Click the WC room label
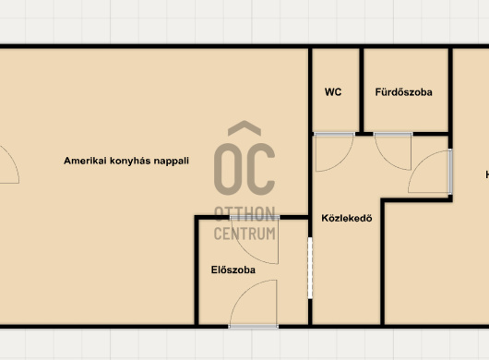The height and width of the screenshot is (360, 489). (333, 92)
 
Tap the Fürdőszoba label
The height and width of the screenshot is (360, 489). (403, 92)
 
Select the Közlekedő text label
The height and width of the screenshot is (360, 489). (347, 218)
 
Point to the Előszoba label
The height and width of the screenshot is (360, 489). (233, 270)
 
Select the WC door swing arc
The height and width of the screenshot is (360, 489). (343, 163)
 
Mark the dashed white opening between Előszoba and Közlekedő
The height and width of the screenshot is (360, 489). (310, 268)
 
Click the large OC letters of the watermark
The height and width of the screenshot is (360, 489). (244, 169)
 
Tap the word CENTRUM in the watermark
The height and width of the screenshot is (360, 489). (244, 234)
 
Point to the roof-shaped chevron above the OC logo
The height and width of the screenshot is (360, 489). (244, 128)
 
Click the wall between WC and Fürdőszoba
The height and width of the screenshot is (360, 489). (362, 90)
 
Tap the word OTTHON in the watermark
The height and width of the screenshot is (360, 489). (244, 214)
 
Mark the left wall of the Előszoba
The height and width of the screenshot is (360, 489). (197, 270)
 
